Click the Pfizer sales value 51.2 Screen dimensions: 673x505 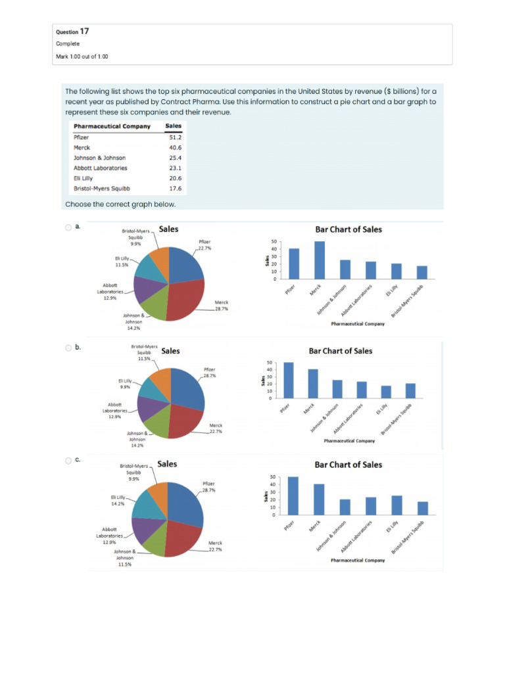[175, 137]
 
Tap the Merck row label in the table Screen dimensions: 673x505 [82, 148]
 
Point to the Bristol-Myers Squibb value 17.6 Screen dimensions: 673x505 [175, 188]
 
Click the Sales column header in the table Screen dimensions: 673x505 [174, 126]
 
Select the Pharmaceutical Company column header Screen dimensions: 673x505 [112, 126]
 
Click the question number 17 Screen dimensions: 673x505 [84, 31]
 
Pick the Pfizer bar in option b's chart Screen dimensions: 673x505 [289, 381]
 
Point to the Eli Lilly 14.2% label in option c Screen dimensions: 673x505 [118, 501]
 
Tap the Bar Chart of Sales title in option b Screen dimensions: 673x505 [341, 351]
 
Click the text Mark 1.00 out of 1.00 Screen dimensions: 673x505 [82, 57]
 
